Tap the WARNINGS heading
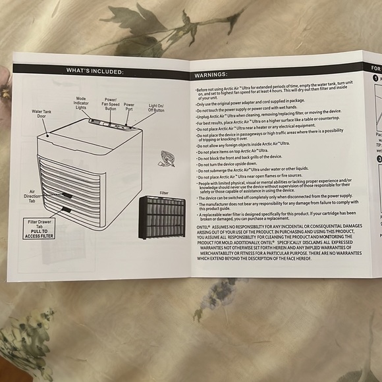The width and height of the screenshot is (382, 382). (211, 75)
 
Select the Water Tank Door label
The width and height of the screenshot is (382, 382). (41, 115)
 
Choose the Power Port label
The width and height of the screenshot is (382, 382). (129, 106)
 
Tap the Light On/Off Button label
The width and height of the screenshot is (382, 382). (157, 107)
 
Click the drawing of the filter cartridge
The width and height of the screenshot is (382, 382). (161, 218)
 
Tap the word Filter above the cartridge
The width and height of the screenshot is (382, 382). (165, 194)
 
